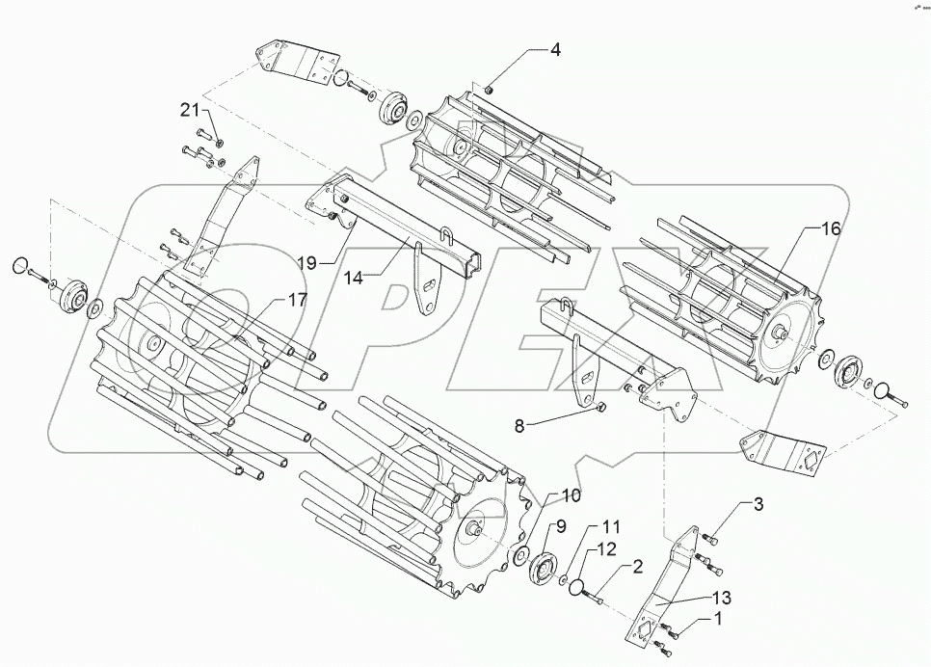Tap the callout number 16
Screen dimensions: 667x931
(x=831, y=229)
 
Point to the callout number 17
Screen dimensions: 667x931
(x=297, y=300)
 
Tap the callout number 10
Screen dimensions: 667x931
(x=571, y=496)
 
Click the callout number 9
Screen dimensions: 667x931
(x=559, y=526)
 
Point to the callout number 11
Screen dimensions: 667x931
(x=612, y=527)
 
